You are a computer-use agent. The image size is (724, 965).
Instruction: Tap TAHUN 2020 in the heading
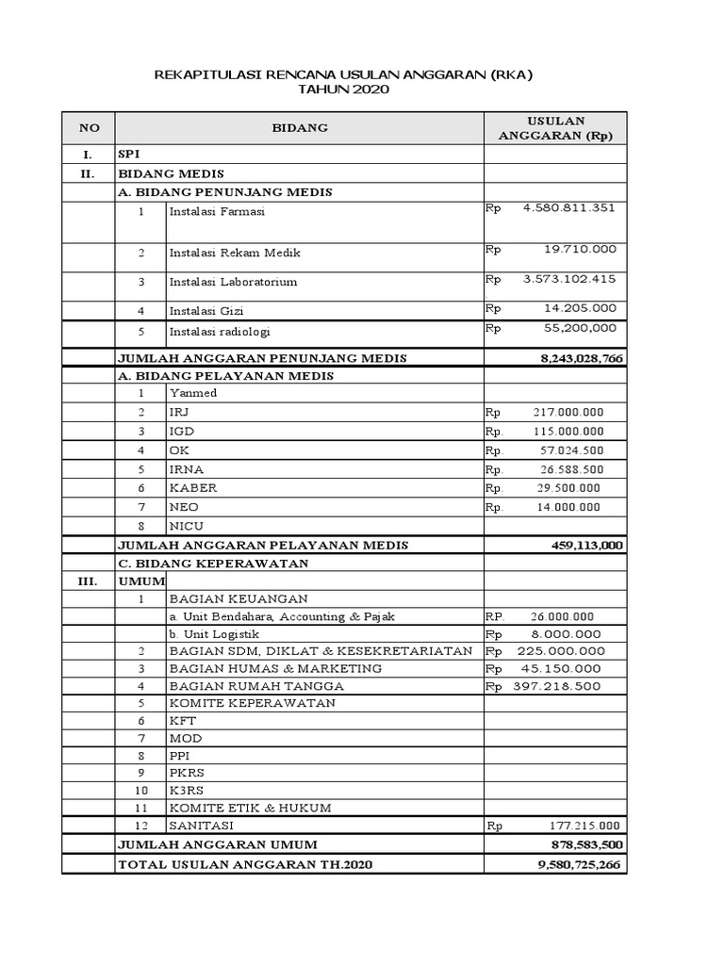pyautogui.click(x=342, y=90)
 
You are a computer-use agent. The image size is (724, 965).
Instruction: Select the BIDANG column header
pyautogui.click(x=300, y=128)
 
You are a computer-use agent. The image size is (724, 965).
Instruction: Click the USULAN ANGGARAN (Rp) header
pyautogui.click(x=554, y=128)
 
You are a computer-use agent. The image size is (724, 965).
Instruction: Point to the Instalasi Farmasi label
pyautogui.click(x=217, y=212)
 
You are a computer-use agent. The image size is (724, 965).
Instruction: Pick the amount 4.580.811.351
pyautogui.click(x=568, y=207)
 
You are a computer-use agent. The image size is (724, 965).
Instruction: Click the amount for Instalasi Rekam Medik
pyautogui.click(x=580, y=249)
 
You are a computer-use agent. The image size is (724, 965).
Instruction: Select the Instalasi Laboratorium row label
pyautogui.click(x=233, y=282)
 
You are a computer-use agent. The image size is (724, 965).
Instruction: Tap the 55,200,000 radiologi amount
pyautogui.click(x=580, y=328)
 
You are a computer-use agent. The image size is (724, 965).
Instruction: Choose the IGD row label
pyautogui.click(x=181, y=431)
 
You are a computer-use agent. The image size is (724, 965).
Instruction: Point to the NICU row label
pyautogui.click(x=186, y=526)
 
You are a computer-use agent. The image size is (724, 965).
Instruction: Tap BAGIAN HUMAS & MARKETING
pyautogui.click(x=275, y=668)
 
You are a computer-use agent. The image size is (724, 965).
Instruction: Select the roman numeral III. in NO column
pyautogui.click(x=87, y=581)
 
